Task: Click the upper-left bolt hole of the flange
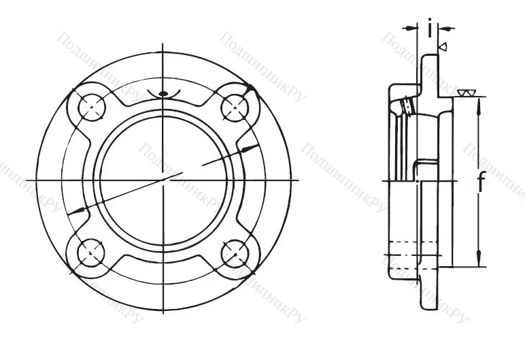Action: [x=90, y=105]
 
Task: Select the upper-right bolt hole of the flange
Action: [x=235, y=105]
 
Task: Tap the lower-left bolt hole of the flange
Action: [x=90, y=252]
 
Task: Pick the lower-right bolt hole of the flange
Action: [x=235, y=252]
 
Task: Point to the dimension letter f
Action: [x=481, y=182]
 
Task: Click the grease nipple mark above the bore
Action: [x=163, y=94]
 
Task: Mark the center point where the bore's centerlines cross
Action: [x=163, y=179]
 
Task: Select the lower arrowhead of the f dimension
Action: [x=481, y=262]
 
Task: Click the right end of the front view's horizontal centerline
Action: [x=299, y=179]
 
